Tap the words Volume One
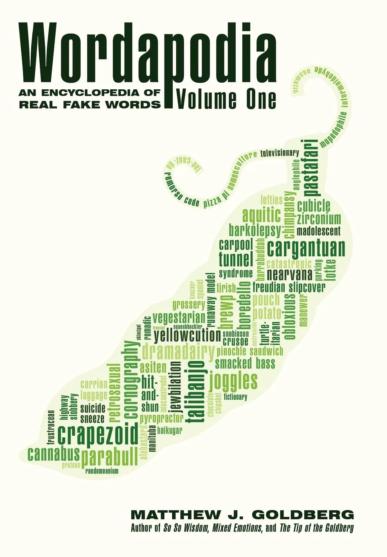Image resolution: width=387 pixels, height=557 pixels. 225,99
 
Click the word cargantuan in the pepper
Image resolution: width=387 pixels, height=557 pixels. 306,249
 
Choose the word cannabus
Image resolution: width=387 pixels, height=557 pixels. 53,454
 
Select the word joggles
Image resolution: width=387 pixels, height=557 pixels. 233,381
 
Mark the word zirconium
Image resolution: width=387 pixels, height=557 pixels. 319,218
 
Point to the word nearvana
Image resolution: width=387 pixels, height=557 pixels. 289,274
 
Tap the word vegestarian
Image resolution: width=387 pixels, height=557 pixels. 179,318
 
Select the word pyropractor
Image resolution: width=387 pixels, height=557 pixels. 161,419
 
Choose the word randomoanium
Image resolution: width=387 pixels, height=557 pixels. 102,471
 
